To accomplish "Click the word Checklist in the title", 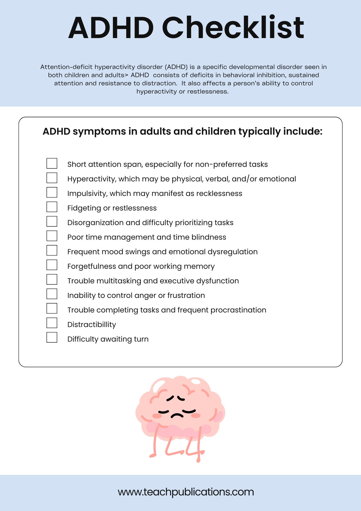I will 233,28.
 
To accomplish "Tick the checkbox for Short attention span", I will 52,163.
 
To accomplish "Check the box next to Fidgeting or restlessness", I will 52,207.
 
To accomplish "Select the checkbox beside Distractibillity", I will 52,323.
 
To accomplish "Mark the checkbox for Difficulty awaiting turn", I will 52,338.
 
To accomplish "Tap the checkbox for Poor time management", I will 52,236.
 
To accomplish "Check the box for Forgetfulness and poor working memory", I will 52,265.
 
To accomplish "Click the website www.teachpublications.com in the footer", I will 186,492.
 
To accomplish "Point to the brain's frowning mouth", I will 177,415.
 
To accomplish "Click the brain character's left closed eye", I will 163,412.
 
